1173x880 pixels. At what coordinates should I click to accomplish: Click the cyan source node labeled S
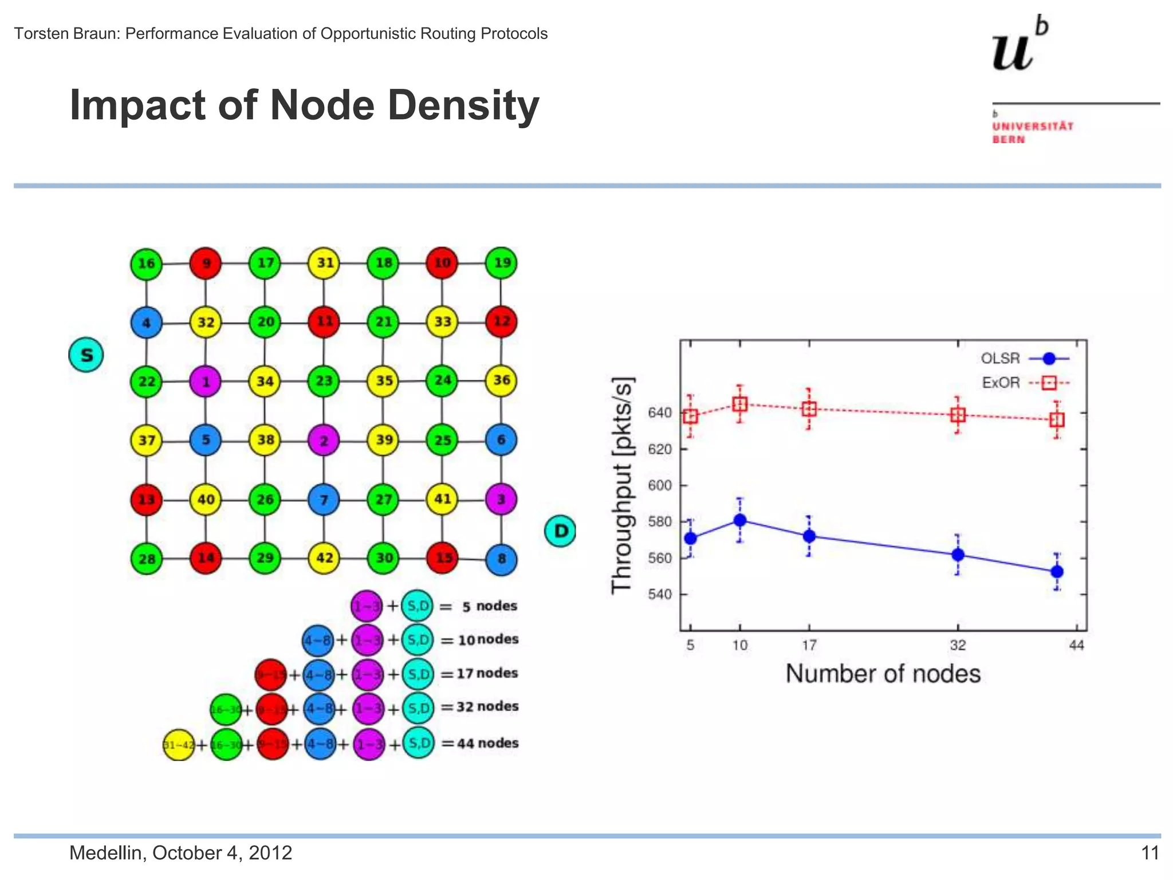pos(86,355)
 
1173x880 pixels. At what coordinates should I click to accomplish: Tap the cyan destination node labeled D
pos(560,531)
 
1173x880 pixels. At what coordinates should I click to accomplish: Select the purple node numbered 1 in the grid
pos(205,381)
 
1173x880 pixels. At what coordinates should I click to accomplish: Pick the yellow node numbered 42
pos(324,558)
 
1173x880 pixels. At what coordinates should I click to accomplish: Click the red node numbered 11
pos(324,321)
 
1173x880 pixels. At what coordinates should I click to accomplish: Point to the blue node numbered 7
pos(324,500)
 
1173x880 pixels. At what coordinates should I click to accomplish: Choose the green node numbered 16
pos(146,264)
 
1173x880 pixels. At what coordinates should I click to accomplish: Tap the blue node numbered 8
pos(501,559)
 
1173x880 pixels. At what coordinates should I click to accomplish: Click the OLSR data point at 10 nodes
pos(740,520)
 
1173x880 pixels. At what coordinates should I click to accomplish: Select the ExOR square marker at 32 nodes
pos(958,415)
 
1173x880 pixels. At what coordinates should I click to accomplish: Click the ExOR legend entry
pos(1025,383)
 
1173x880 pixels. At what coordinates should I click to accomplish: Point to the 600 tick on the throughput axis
pos(659,485)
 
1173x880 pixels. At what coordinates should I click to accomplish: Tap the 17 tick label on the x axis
pos(809,646)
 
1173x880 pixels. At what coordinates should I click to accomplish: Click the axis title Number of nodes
pos(883,674)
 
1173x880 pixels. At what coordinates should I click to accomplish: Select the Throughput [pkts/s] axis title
pos(623,486)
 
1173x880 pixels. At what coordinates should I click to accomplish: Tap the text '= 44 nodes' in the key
pos(480,744)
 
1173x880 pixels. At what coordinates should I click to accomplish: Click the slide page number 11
pos(1150,853)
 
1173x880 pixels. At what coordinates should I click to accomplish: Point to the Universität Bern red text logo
pos(1033,132)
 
